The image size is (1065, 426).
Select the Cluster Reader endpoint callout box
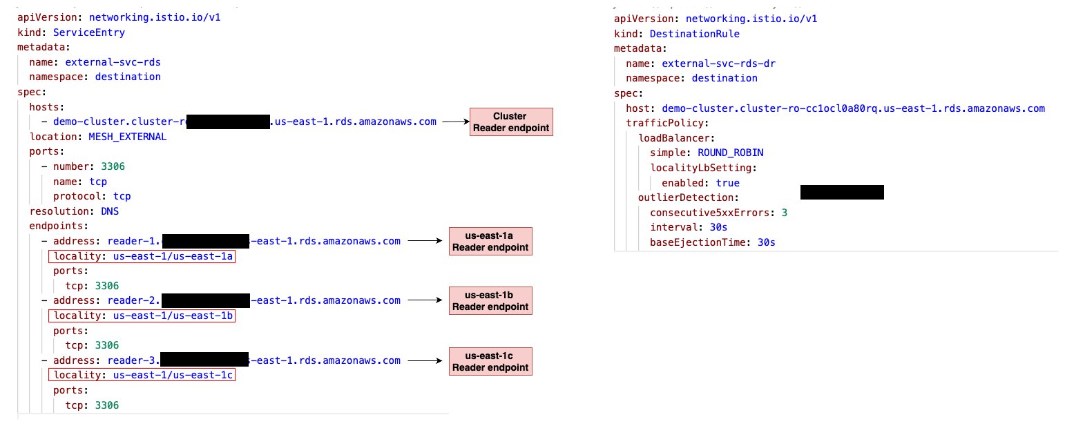[511, 122]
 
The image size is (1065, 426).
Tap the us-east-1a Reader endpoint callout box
[490, 241]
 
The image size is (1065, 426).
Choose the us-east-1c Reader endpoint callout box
[490, 361]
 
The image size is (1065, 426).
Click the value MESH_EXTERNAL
[127, 137]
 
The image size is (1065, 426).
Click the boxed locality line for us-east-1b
[142, 316]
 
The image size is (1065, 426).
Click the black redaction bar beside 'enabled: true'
[842, 192]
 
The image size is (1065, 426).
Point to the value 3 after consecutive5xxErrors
[785, 213]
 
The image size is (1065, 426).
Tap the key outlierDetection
[678, 198]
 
